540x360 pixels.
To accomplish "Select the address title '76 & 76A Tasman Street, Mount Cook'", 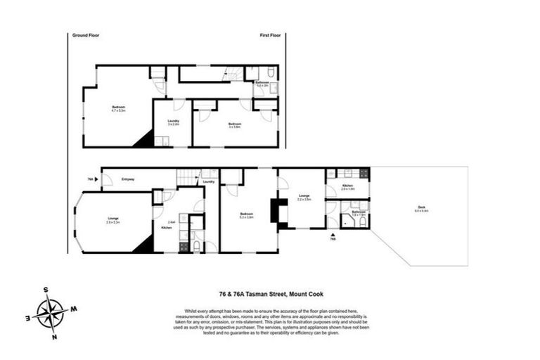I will (x=270, y=295).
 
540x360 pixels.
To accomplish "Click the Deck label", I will (x=420, y=207).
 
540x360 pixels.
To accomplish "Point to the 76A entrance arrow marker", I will (x=98, y=179).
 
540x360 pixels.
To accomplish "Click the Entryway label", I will (x=128, y=179).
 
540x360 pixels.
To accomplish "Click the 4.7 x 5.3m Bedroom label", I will (x=117, y=108).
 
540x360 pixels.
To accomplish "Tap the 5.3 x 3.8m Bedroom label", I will (x=246, y=215).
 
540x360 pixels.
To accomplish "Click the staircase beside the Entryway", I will (x=186, y=178).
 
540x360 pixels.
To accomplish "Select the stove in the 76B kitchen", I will (x=364, y=172).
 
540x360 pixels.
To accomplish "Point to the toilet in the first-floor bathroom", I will (x=271, y=74).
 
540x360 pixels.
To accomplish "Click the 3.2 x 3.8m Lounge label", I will (x=304, y=198).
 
